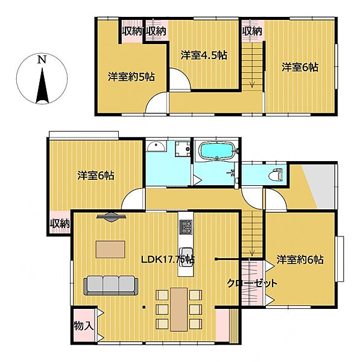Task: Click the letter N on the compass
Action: click(40, 60)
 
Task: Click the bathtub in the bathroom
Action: click(215, 151)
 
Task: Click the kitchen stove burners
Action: click(185, 227)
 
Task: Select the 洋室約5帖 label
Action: click(131, 77)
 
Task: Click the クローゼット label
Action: click(252, 283)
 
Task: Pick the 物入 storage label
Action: click(83, 326)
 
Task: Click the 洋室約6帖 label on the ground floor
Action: click(300, 261)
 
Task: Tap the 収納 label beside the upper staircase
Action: click(252, 30)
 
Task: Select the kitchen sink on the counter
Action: click(186, 253)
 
